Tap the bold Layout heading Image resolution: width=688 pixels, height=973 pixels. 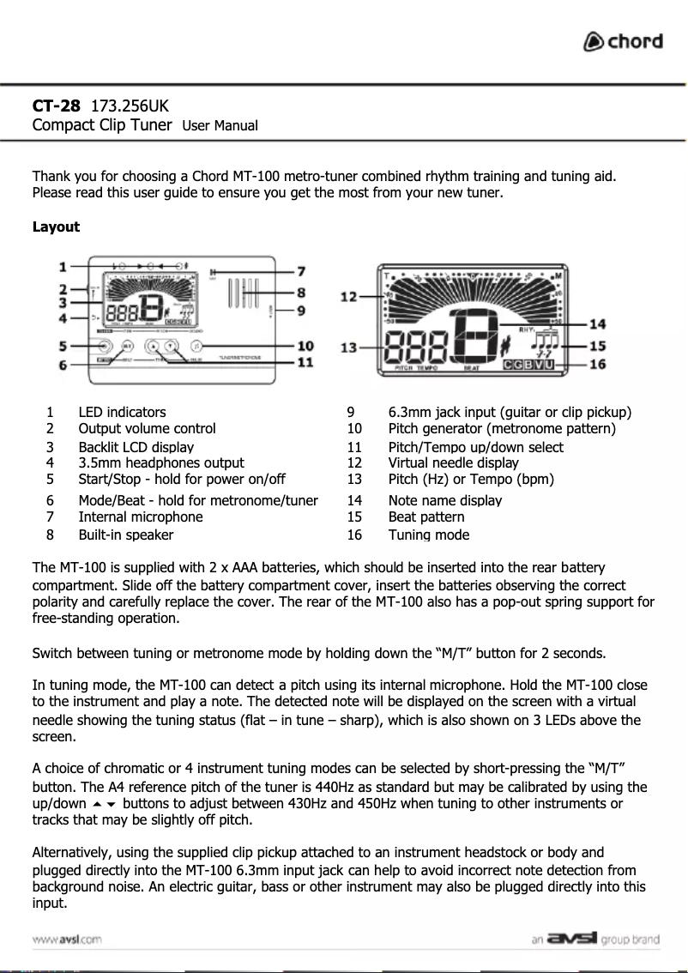56,227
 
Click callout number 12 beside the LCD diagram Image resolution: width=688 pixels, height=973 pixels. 349,297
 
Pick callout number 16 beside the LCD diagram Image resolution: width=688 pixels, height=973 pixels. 597,364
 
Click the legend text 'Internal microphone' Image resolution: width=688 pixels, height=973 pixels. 141,517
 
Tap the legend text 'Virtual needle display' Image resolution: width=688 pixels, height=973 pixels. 453,463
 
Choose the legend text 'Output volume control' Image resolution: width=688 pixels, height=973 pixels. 147,428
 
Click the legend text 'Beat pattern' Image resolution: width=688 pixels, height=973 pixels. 426,517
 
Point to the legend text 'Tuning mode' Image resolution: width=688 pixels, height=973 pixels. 428,535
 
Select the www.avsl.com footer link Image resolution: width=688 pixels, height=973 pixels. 67,940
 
